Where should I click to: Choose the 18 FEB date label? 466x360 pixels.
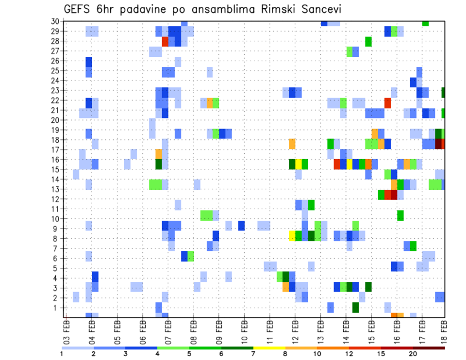click(444, 332)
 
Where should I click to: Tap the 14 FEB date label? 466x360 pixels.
click(346, 332)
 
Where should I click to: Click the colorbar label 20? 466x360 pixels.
click(413, 354)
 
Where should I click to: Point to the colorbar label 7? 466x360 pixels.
click(253, 354)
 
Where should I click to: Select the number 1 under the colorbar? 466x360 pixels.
click(62, 354)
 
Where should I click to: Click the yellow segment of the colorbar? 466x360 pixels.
click(269, 347)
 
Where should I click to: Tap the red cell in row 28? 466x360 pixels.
click(165, 42)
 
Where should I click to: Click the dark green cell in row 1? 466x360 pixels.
click(356, 307)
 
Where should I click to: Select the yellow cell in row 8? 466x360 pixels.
click(292, 236)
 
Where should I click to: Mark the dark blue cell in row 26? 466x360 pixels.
click(89, 61)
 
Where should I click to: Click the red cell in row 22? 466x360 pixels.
click(387, 102)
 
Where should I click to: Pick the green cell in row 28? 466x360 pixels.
click(368, 42)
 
